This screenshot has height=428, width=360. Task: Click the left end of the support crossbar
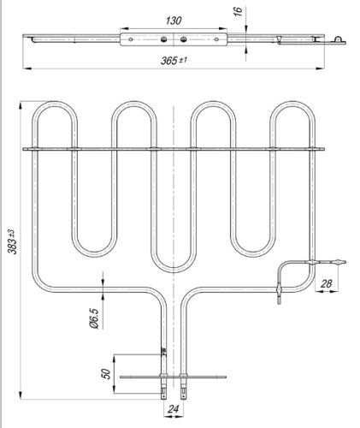(x=27, y=150)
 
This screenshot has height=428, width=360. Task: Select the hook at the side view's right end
(x=339, y=38)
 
